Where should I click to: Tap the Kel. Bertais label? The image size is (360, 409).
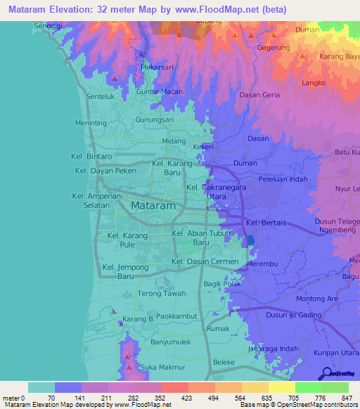click(x=268, y=223)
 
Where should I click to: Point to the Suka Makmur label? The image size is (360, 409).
click(x=162, y=368)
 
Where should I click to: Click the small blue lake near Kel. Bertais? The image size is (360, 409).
click(x=251, y=241)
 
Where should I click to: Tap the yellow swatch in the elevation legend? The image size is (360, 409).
click(x=281, y=387)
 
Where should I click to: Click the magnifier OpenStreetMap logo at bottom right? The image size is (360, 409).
click(x=326, y=373)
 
